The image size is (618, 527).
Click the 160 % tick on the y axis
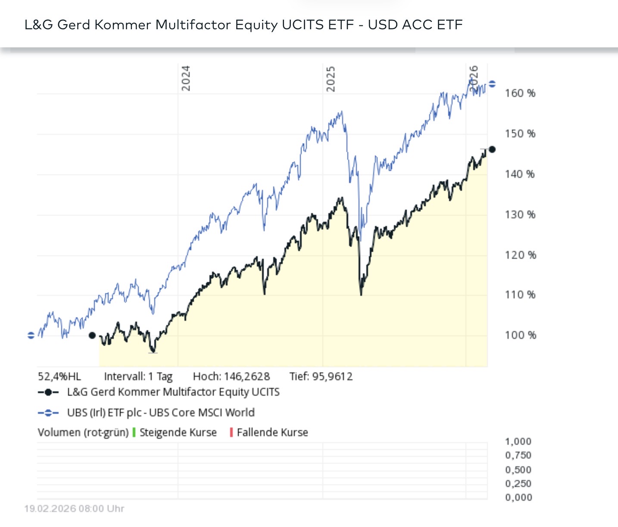pos(520,93)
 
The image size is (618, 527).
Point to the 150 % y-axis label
pos(520,134)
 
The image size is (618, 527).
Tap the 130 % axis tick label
pos(520,215)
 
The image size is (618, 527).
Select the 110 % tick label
pos(520,295)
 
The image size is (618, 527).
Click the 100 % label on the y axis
pos(520,335)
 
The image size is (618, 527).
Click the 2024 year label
pos(185,78)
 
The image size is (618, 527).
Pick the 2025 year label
pos(330,79)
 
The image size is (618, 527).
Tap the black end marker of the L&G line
pos(492,149)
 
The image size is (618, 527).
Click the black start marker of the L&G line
pos(92,335)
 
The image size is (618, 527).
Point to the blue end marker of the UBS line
pos(492,84)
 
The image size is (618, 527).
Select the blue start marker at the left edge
pos(31,335)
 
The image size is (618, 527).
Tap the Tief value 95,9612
pos(332,377)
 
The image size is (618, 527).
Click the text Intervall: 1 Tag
pos(138,377)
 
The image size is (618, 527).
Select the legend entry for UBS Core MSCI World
pos(160,412)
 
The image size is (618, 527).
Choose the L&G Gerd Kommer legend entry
pos(173,392)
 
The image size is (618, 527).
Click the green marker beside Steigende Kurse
pos(134,432)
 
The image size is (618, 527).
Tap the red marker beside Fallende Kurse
pos(231,432)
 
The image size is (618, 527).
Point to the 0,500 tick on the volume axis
pos(518,470)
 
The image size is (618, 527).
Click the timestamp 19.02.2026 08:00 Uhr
pos(74,509)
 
